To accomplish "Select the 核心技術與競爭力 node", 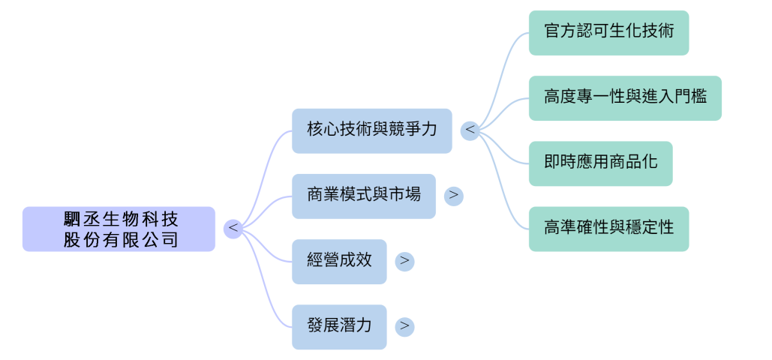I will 371,130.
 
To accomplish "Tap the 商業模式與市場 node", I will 363,196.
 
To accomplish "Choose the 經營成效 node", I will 339,261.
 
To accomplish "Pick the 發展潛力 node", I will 339,326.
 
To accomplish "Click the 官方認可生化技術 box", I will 608,32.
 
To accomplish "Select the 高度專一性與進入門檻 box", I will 624,97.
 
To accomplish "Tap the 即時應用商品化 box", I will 599,163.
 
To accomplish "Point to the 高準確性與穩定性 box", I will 608,228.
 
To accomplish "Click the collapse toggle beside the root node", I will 233,227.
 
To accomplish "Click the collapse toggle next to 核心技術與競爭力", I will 470,130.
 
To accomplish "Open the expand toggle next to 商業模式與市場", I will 453,196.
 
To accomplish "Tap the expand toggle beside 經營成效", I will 404,261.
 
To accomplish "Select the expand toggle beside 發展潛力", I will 404,326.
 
